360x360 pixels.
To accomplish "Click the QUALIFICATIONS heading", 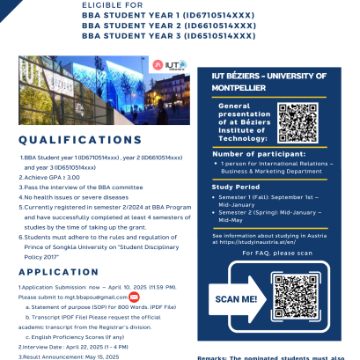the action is coord(79,140).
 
